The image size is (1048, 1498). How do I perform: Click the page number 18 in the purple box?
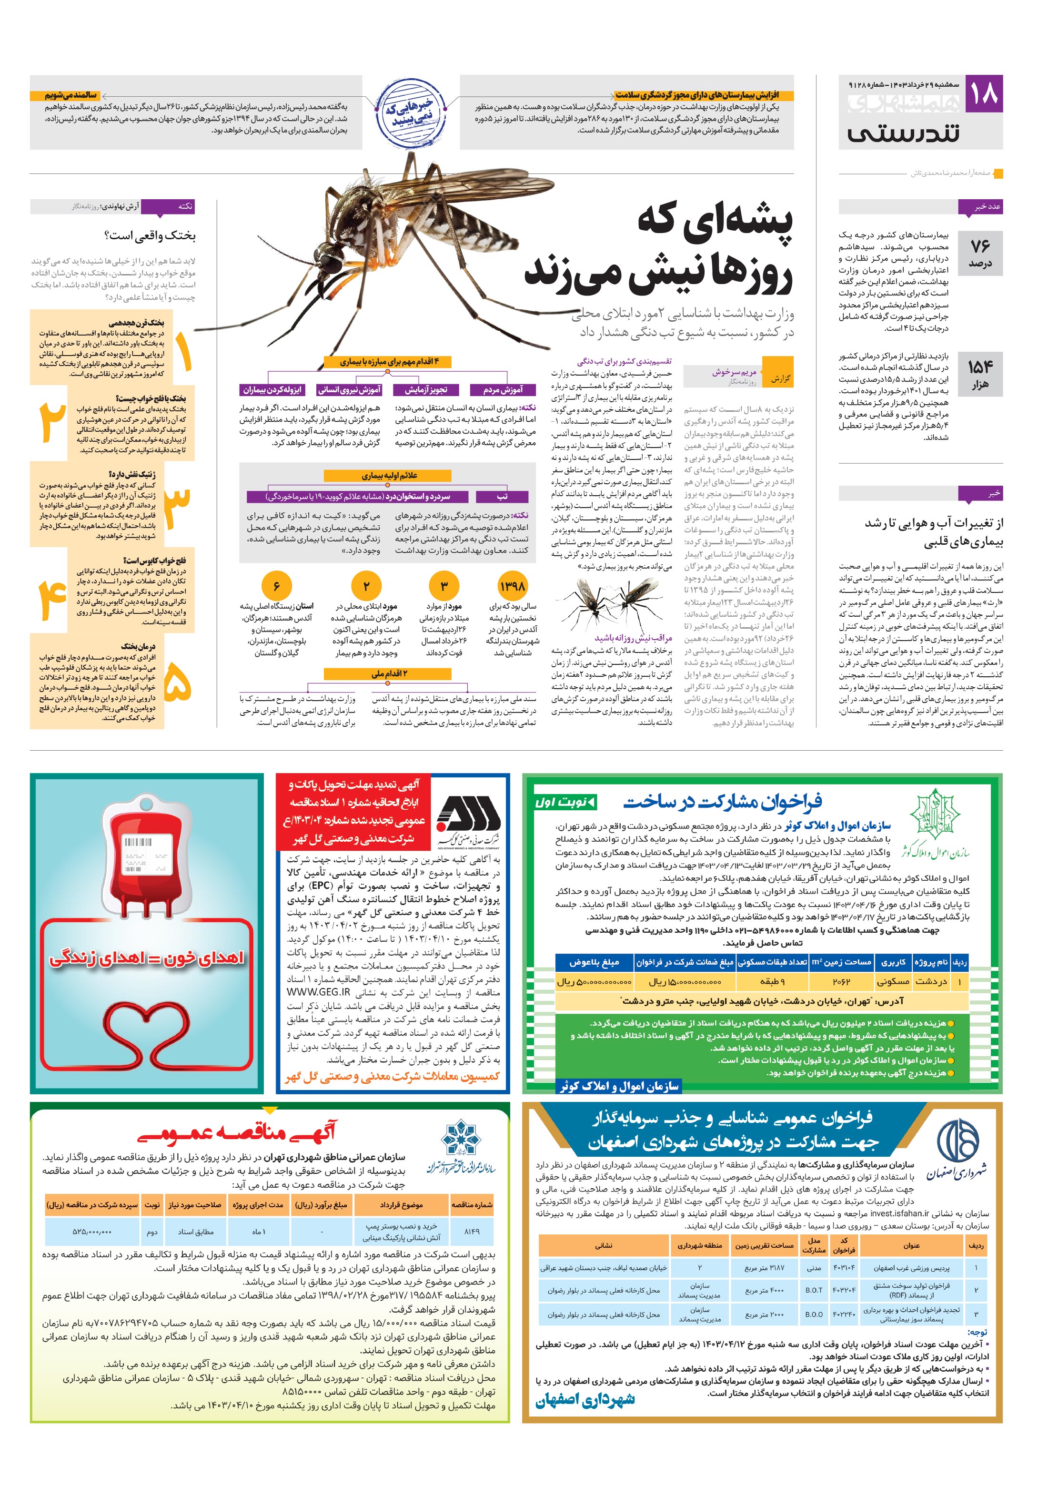coord(984,94)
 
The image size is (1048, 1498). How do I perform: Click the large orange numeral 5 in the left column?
coord(177,684)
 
